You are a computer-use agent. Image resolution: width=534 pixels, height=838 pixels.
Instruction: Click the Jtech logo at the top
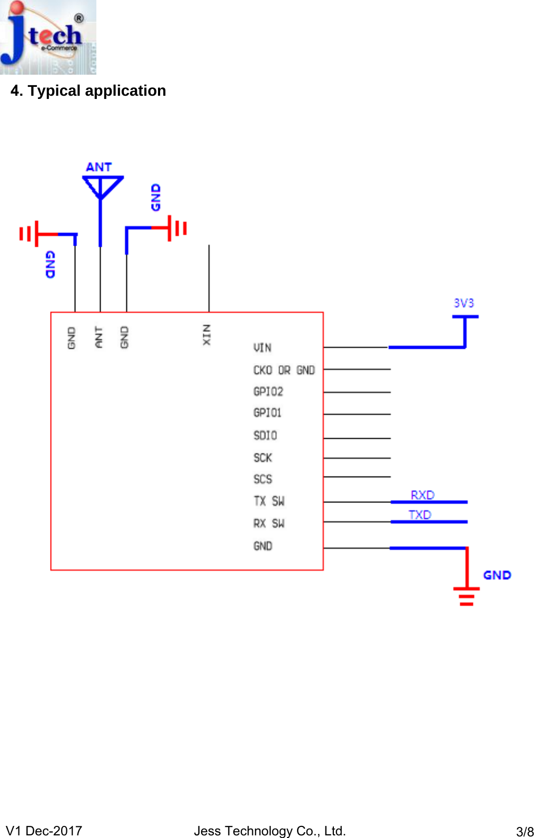(48, 37)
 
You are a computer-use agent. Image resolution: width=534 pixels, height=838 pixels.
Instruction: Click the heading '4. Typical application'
(88, 91)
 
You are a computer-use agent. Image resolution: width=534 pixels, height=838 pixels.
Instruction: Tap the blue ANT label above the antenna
(98, 167)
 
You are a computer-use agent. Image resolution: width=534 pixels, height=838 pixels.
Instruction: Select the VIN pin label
(262, 348)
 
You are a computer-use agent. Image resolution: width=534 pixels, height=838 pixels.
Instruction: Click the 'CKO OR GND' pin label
(284, 370)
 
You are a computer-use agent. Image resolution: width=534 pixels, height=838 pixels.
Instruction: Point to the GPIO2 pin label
(268, 392)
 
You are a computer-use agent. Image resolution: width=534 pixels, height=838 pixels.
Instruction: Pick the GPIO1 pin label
(267, 413)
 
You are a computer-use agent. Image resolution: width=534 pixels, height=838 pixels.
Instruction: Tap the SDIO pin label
(265, 436)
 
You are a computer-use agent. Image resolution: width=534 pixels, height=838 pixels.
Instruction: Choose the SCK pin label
(262, 458)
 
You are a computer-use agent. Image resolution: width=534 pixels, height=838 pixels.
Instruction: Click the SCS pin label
(262, 479)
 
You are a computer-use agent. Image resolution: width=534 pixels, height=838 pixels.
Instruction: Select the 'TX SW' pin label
(269, 501)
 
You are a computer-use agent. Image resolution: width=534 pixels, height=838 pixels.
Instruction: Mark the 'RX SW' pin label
(269, 523)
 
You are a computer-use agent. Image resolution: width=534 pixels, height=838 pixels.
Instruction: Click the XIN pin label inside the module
(207, 335)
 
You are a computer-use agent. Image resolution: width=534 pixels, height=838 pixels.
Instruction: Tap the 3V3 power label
(464, 304)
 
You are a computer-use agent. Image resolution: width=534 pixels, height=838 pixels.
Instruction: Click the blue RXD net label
(422, 495)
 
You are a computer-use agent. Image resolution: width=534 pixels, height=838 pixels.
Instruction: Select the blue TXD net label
(420, 514)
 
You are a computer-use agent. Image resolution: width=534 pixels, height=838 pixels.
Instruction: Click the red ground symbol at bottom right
(467, 594)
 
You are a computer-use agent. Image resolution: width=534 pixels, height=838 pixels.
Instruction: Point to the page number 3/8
(525, 832)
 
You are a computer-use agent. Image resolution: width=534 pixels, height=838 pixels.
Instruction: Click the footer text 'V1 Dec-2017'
(44, 831)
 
